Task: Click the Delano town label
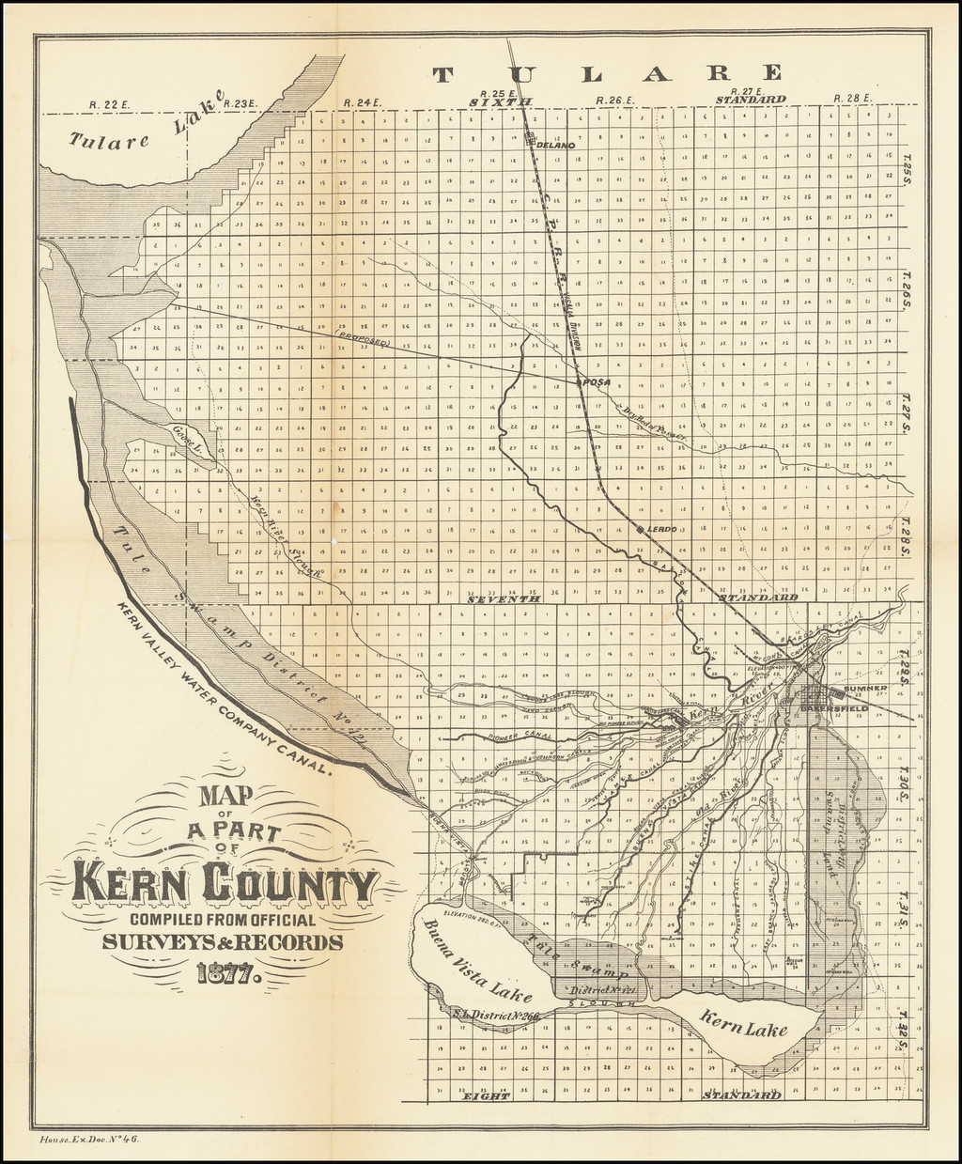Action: (x=556, y=146)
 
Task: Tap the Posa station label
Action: (x=597, y=383)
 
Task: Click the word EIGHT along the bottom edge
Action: (x=487, y=1095)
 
